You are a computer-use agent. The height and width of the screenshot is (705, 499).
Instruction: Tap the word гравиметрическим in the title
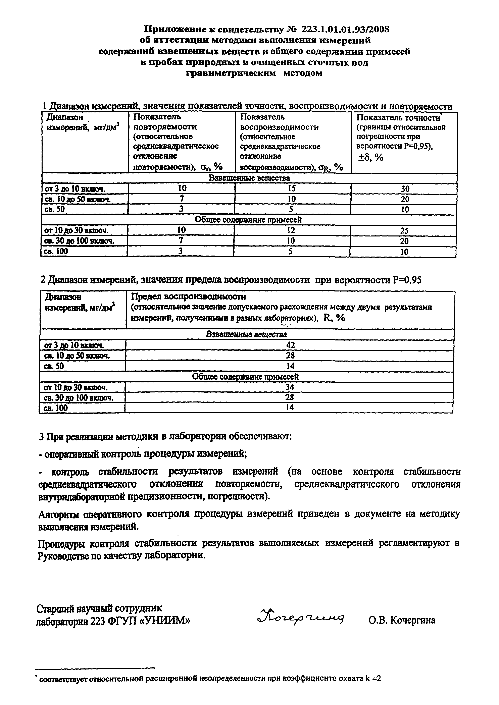pos(231,73)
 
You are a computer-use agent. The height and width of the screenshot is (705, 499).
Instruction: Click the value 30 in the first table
pos(405,189)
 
